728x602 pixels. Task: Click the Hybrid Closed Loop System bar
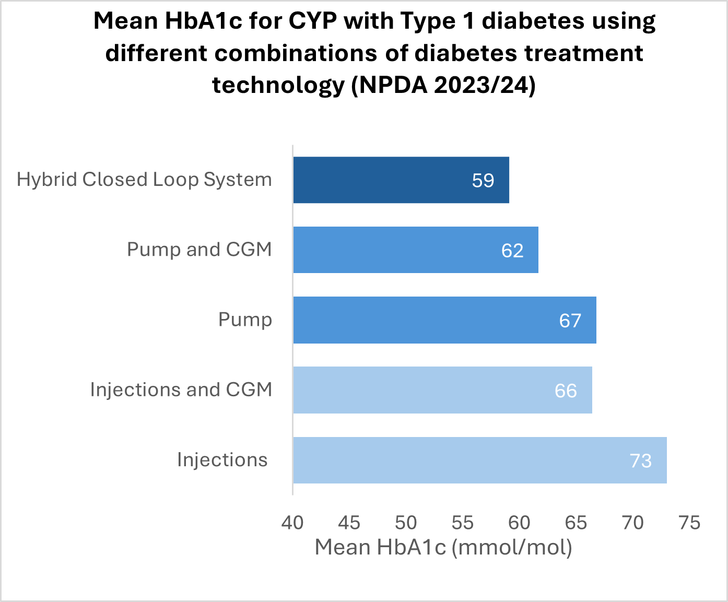[x=401, y=180]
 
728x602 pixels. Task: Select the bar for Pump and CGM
[x=415, y=250]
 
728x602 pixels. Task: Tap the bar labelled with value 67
[x=444, y=320]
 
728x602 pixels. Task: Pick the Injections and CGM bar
[x=442, y=390]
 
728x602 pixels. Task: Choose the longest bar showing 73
[x=479, y=460]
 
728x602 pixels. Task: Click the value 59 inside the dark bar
[x=483, y=181]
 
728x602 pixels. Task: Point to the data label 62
[x=512, y=251]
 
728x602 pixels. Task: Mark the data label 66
[x=566, y=391]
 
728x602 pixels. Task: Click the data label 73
[x=640, y=461]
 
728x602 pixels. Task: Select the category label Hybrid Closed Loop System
[x=144, y=180]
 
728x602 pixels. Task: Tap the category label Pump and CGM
[x=199, y=250]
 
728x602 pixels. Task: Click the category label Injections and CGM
[x=181, y=390]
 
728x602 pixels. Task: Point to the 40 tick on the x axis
[x=292, y=523]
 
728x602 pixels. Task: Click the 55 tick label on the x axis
[x=463, y=523]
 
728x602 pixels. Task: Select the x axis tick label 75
[x=689, y=523]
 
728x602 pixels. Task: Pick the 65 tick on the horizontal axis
[x=576, y=523]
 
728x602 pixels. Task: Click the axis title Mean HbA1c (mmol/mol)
[x=443, y=547]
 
